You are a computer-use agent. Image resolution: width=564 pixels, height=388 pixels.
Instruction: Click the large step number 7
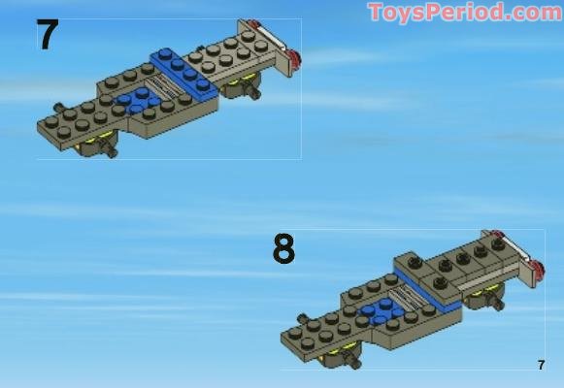(x=47, y=36)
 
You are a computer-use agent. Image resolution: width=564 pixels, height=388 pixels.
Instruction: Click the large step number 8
(x=282, y=249)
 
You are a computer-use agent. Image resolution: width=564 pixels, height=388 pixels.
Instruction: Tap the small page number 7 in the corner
(x=541, y=365)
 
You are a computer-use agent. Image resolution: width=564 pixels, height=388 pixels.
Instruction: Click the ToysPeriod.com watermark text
(x=464, y=13)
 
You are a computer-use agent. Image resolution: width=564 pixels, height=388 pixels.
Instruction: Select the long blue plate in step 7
(x=184, y=72)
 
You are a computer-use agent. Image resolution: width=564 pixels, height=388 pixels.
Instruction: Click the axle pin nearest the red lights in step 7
(x=255, y=93)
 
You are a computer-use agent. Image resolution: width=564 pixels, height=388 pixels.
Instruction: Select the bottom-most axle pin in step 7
(x=112, y=151)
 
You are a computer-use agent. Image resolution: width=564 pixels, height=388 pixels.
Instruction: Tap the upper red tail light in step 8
(x=498, y=237)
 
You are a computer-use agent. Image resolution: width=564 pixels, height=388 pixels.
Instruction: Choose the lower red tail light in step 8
(x=536, y=277)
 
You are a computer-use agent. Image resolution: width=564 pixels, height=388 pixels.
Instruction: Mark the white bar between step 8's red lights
(x=517, y=256)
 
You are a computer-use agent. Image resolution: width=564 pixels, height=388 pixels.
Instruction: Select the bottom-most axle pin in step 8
(x=355, y=363)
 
